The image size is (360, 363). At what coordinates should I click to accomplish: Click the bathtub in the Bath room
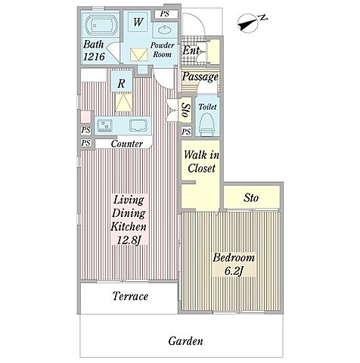click(x=101, y=25)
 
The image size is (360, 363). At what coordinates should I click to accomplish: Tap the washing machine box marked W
click(x=138, y=22)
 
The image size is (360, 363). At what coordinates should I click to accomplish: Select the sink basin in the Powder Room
click(x=165, y=30)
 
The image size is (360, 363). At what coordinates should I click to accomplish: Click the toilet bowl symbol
click(x=206, y=123)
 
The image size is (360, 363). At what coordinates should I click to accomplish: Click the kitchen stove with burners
click(x=105, y=125)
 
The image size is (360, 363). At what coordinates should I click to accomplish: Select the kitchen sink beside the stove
click(x=138, y=125)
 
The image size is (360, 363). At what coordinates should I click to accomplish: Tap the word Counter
click(x=127, y=144)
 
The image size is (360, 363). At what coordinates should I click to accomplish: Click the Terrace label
click(x=130, y=296)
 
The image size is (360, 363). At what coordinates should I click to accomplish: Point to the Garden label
click(x=185, y=341)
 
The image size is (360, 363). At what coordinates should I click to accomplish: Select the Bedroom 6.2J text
click(x=234, y=265)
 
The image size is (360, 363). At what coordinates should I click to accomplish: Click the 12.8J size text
click(x=129, y=240)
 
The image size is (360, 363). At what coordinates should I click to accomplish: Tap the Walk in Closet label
click(x=201, y=161)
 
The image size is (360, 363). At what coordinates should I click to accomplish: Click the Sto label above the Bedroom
click(x=251, y=198)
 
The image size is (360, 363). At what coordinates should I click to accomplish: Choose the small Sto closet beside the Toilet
click(x=186, y=110)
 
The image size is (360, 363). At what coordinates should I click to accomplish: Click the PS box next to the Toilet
click(x=186, y=132)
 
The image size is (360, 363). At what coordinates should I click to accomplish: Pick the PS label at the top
click(x=165, y=14)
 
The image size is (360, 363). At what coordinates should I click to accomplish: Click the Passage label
click(x=200, y=76)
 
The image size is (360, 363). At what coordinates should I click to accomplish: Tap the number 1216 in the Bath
click(x=94, y=57)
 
